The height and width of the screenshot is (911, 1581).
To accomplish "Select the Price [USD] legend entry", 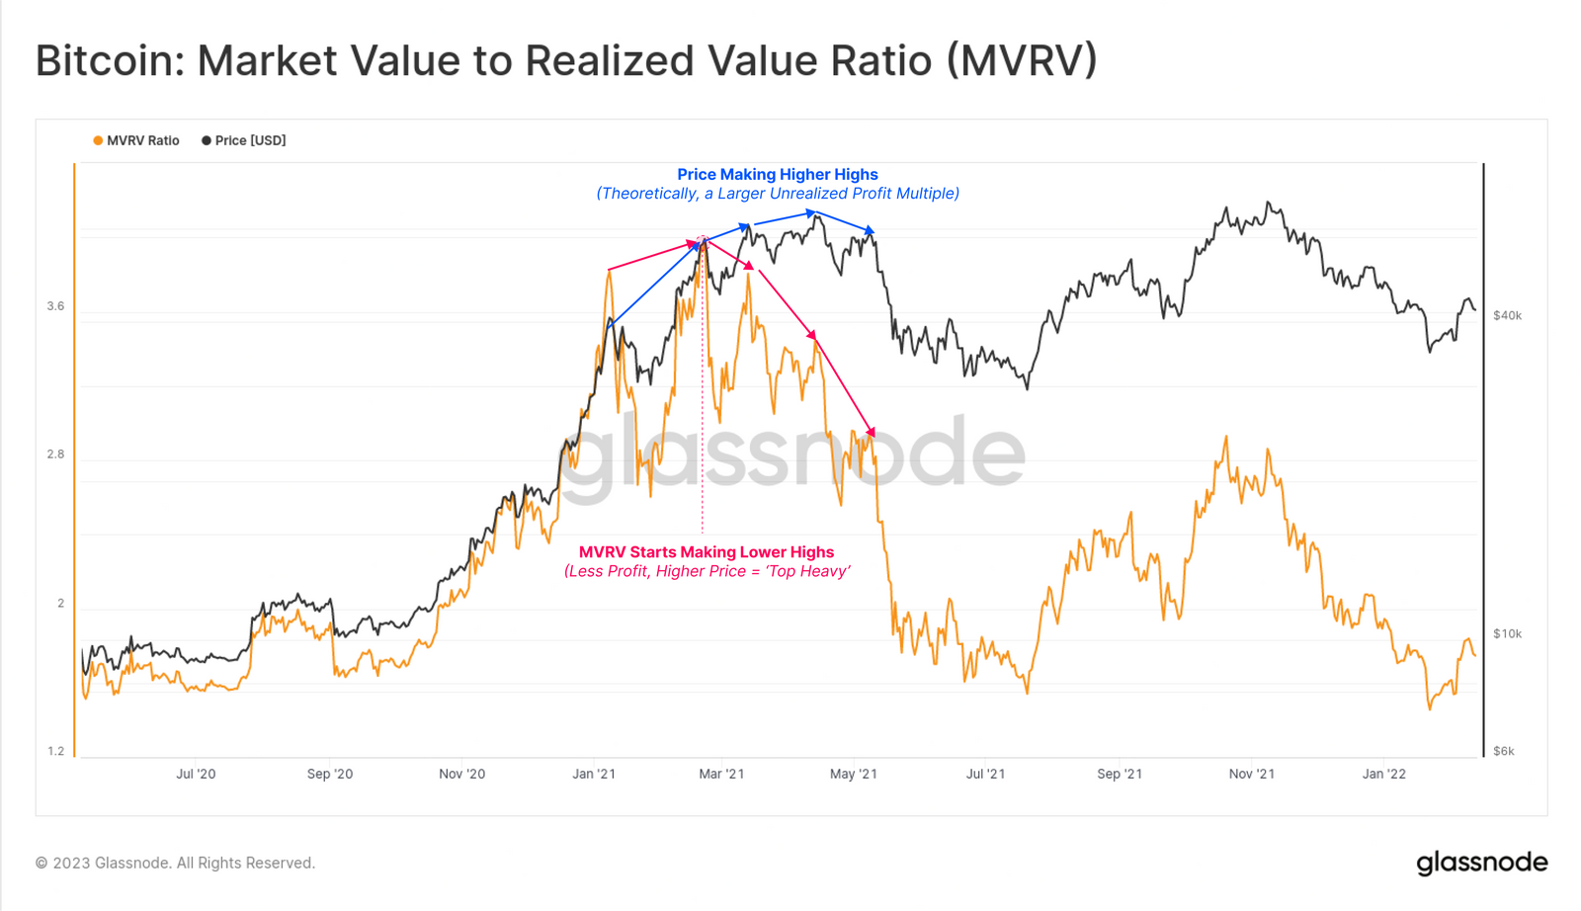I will tap(244, 140).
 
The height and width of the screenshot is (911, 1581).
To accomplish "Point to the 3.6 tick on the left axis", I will tap(55, 306).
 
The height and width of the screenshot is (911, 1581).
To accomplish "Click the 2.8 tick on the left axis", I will tap(55, 455).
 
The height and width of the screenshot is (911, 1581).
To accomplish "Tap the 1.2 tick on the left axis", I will tap(55, 751).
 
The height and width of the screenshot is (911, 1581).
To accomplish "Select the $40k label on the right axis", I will tap(1507, 316).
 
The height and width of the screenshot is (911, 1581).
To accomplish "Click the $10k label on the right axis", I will tap(1507, 634).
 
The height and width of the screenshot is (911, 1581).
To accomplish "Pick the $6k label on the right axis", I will tap(1503, 751).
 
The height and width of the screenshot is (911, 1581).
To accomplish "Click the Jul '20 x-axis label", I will tap(196, 774).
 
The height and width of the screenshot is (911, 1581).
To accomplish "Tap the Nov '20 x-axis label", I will tap(461, 774).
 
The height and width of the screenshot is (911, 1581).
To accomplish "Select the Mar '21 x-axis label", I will tap(721, 774).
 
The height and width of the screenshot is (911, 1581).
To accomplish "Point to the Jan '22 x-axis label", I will tap(1383, 774).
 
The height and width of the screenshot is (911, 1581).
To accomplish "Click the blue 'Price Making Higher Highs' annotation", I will tap(777, 175).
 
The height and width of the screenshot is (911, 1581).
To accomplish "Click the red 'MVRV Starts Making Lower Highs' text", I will tap(706, 552).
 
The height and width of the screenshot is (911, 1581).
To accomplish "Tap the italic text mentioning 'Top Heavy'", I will tap(707, 571).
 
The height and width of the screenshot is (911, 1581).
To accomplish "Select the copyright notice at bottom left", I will tap(175, 863).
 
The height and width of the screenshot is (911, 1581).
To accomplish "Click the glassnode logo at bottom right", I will tap(1481, 863).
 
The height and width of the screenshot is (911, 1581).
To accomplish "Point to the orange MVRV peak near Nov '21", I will tap(1226, 438).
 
